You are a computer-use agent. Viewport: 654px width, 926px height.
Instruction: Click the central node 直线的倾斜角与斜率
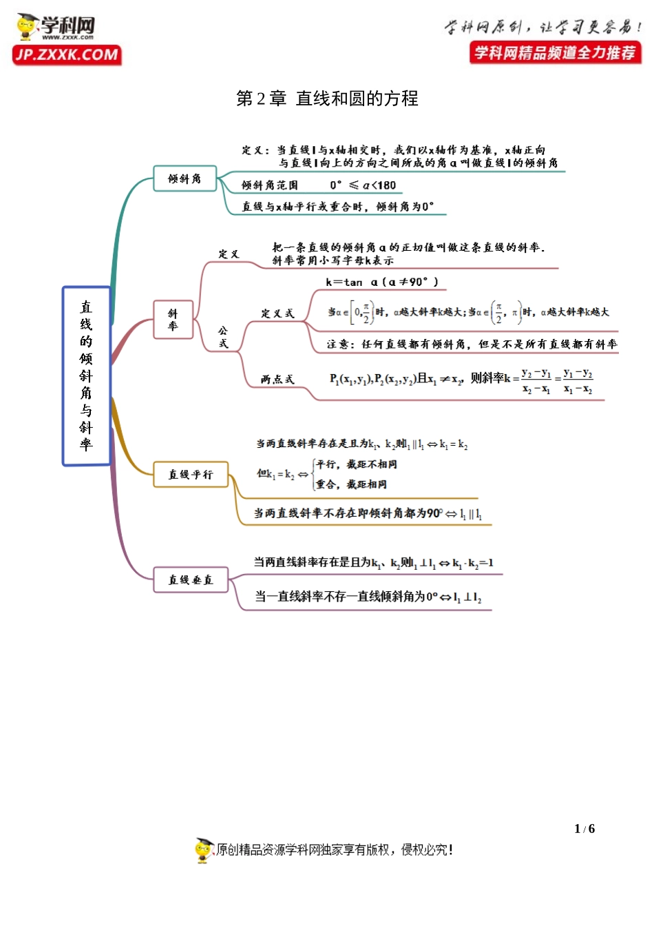pos(86,376)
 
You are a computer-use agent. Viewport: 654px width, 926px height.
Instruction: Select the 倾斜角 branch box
pos(184,178)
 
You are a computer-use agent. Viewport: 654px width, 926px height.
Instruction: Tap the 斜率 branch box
pos(173,320)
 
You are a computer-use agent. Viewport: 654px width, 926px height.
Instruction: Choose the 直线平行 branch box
pos(191,475)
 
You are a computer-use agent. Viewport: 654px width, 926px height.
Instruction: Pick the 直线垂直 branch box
pos(191,580)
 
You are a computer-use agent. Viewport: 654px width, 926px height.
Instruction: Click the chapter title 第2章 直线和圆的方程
pos(327,99)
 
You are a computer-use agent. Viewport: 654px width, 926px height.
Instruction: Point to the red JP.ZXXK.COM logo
pos(67,55)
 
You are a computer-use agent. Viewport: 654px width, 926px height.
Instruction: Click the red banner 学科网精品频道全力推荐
pos(555,53)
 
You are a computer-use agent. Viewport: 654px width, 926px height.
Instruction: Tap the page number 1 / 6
pos(584,829)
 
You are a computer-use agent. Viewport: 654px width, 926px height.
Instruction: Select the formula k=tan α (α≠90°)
pos(381,282)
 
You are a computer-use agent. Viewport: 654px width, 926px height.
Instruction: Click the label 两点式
pos(277,379)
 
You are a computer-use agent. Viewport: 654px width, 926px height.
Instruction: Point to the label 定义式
pos(277,313)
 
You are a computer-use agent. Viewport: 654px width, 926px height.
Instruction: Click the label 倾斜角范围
pos(270,185)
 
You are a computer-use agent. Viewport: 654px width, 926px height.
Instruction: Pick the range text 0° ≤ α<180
pos(363,185)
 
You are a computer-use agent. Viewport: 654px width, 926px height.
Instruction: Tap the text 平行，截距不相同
pos(357,464)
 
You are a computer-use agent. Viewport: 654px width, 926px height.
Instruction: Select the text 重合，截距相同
pos(352,484)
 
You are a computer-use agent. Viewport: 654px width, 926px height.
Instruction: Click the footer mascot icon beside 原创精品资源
pos(204,850)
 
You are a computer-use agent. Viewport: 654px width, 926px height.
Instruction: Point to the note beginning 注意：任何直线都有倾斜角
pos(472,344)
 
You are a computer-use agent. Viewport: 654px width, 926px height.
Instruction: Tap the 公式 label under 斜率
pos(223,337)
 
